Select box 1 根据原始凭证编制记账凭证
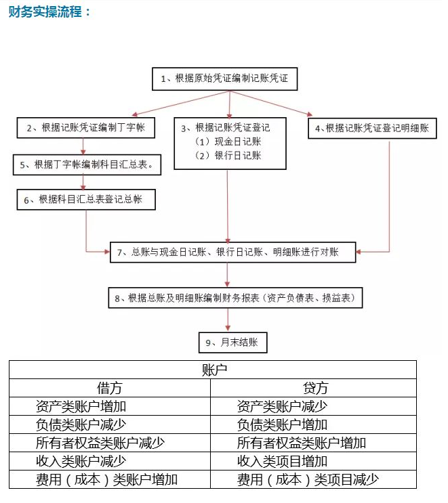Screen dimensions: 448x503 pyautogui.click(x=224, y=79)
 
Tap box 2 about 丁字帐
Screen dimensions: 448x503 pyautogui.click(x=86, y=128)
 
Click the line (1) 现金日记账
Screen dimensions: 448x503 pyautogui.click(x=228, y=141)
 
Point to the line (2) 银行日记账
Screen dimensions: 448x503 pyautogui.click(x=228, y=156)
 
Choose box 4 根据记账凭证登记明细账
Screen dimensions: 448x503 pyautogui.click(x=372, y=129)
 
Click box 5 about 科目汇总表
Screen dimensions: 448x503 pyautogui.click(x=87, y=165)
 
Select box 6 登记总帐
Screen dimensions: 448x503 pyautogui.click(x=86, y=200)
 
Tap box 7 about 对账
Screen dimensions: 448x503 pyautogui.click(x=233, y=252)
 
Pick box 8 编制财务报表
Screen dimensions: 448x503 pyautogui.click(x=235, y=298)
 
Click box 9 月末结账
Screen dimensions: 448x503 pyautogui.click(x=233, y=343)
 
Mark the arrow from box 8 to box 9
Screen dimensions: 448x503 pyautogui.click(x=228, y=320)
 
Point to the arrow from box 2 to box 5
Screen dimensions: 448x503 pyautogui.click(x=83, y=147)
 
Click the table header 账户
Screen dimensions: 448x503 pyautogui.click(x=214, y=370)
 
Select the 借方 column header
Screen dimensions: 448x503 pyautogui.click(x=110, y=388)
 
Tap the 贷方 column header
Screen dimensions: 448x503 pyautogui.click(x=315, y=388)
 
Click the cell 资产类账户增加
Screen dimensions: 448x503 pyautogui.click(x=81, y=406)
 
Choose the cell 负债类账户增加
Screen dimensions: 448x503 pyautogui.click(x=282, y=424)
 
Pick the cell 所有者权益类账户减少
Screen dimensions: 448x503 pyautogui.click(x=100, y=443)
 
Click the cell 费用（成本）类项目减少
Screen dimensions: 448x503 pyautogui.click(x=308, y=480)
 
